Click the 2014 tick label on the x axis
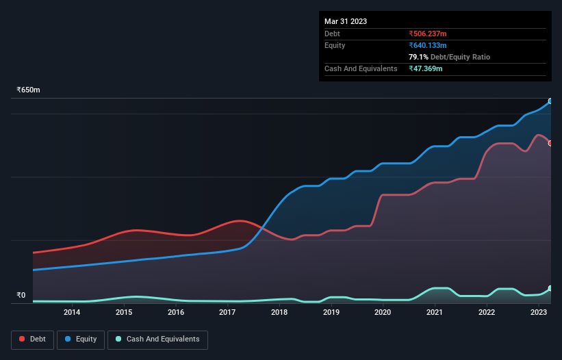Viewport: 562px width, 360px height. [x=72, y=312]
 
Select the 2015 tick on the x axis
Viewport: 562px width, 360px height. [x=124, y=312]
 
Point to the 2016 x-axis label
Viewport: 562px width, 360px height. [x=176, y=312]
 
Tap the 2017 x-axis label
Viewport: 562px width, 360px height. [x=227, y=312]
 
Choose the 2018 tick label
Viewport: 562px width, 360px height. [x=279, y=312]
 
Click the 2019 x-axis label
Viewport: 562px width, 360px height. [x=331, y=312]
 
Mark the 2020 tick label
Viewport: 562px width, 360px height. [x=383, y=312]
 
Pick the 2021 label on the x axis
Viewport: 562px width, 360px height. [x=435, y=312]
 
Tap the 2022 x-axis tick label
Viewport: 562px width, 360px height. [x=487, y=312]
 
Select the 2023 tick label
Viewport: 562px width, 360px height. [x=538, y=312]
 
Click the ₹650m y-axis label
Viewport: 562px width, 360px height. [x=28, y=90]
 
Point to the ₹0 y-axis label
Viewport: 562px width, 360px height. [x=21, y=296]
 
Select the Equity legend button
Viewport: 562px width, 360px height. [x=81, y=339]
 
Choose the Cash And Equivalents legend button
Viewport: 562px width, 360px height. [x=157, y=339]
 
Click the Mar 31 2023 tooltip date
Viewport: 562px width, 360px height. [x=346, y=21]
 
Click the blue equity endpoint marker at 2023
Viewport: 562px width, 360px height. [x=550, y=101]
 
